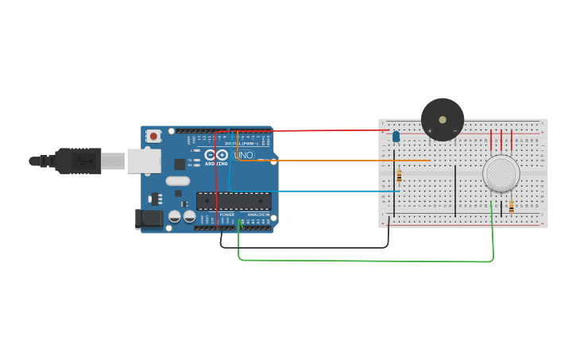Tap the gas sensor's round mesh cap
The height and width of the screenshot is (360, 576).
(x=501, y=173)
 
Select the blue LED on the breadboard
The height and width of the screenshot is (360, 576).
(x=396, y=137)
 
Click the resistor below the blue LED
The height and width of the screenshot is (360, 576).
(x=399, y=176)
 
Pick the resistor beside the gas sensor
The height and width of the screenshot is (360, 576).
(x=511, y=206)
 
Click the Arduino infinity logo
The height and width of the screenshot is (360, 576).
(x=216, y=155)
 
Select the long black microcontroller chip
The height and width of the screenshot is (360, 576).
(x=234, y=201)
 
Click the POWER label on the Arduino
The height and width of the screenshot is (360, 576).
(x=227, y=215)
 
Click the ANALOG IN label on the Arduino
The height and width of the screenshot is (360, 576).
(x=258, y=215)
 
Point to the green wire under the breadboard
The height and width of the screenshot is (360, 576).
(x=365, y=261)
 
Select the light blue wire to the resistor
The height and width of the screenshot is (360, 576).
(x=318, y=191)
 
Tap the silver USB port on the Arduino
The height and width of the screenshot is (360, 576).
(x=143, y=161)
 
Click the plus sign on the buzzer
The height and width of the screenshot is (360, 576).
(x=430, y=130)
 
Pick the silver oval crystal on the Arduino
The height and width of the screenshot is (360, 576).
(x=177, y=180)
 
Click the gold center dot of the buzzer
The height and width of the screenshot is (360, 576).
(x=443, y=120)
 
